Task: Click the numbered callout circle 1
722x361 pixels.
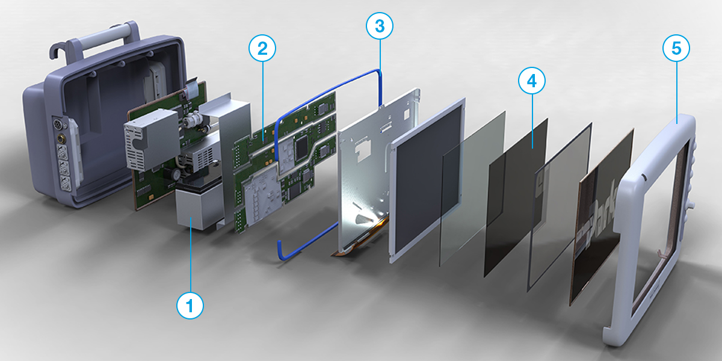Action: tap(190, 306)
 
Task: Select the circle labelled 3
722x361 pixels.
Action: tap(380, 26)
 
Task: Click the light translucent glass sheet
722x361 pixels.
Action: tap(472, 187)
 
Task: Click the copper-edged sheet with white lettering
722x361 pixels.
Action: tap(602, 217)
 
